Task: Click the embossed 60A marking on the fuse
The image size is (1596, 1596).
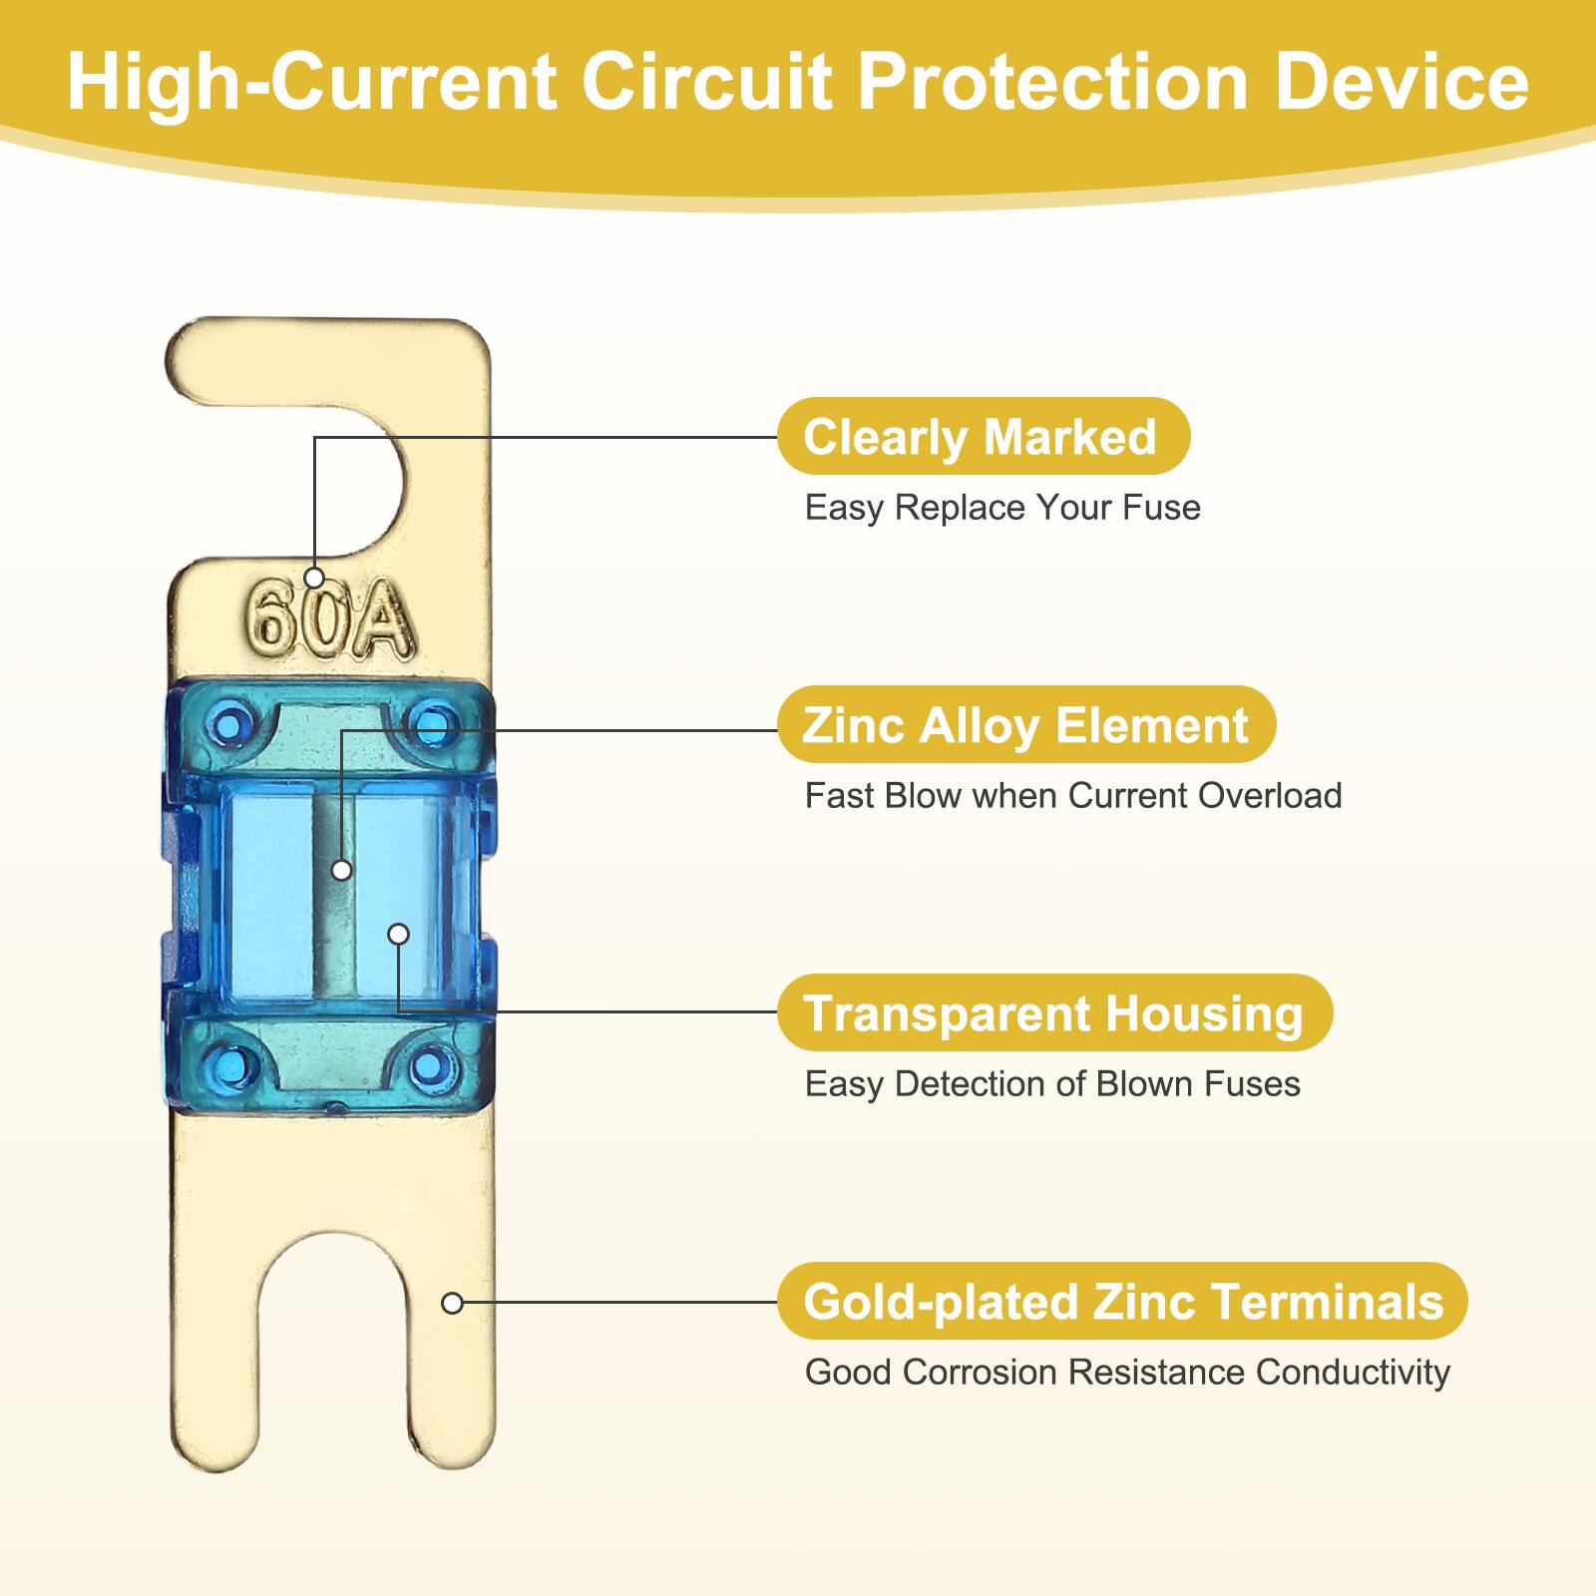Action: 329,620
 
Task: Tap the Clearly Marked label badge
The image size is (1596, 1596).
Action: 983,437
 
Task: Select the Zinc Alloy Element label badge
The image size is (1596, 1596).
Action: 1025,725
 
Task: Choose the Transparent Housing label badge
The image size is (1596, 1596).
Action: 1053,1013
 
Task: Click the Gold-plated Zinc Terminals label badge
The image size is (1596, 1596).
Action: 1122,1302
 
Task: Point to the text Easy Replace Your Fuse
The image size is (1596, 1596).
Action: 1002,508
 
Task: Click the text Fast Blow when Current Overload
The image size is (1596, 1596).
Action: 1073,796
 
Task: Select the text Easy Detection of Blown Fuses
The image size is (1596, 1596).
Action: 1052,1084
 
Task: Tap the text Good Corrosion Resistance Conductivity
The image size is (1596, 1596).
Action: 1127,1373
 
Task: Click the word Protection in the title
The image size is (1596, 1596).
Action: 1053,82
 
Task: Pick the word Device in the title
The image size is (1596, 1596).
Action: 1401,82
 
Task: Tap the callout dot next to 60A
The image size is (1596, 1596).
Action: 314,578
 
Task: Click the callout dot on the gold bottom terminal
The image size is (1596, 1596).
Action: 452,1303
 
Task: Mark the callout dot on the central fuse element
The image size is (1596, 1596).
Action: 341,870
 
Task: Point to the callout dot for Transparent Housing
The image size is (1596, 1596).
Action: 398,934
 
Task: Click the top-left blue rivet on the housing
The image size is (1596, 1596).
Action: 231,723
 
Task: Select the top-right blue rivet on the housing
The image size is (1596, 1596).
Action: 432,723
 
